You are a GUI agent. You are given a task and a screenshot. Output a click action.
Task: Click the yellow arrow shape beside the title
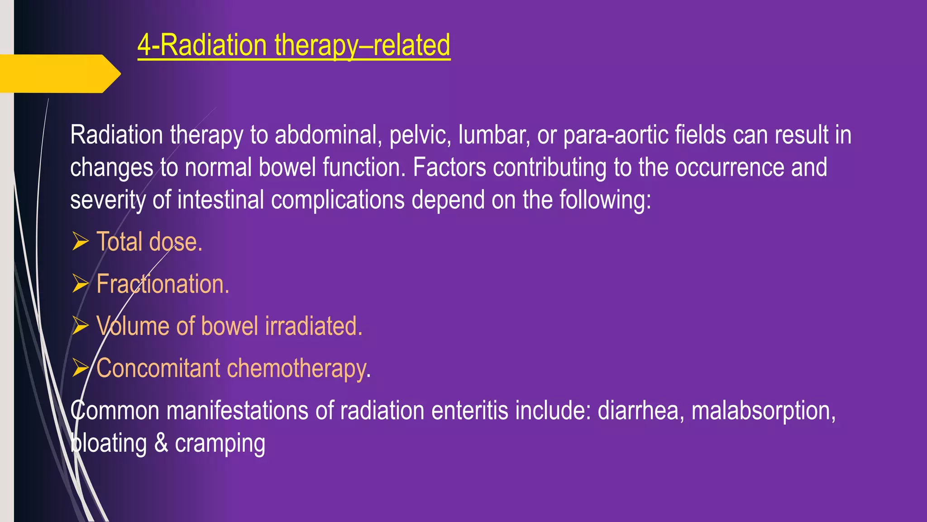pyautogui.click(x=59, y=73)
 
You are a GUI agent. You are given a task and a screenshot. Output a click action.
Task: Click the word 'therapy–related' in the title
pyautogui.click(x=362, y=45)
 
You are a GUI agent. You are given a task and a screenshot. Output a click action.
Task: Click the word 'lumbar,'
pyautogui.click(x=494, y=135)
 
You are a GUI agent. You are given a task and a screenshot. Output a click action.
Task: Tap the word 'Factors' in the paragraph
pyautogui.click(x=449, y=167)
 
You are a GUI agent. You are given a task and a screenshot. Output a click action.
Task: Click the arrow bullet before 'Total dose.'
pyautogui.click(x=81, y=241)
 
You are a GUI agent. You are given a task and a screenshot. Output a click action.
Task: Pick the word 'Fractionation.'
pyautogui.click(x=163, y=284)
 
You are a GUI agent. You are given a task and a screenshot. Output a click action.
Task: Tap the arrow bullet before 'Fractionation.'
pyautogui.click(x=81, y=283)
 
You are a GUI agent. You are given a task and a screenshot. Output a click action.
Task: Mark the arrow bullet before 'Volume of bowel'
pyautogui.click(x=81, y=325)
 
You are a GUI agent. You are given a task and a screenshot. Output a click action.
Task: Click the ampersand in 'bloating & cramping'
pyautogui.click(x=161, y=443)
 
